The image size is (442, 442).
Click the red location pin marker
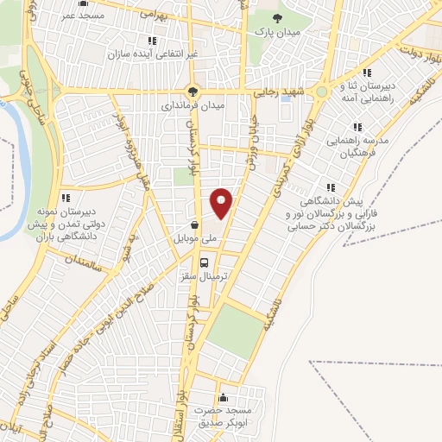[x=222, y=202]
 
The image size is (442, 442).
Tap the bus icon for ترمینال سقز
[x=204, y=262]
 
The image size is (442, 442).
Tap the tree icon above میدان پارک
[x=276, y=17]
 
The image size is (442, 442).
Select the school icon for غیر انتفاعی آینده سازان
[x=152, y=40]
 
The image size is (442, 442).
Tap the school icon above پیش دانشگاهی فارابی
[x=328, y=187]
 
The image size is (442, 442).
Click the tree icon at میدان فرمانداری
[x=194, y=90]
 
